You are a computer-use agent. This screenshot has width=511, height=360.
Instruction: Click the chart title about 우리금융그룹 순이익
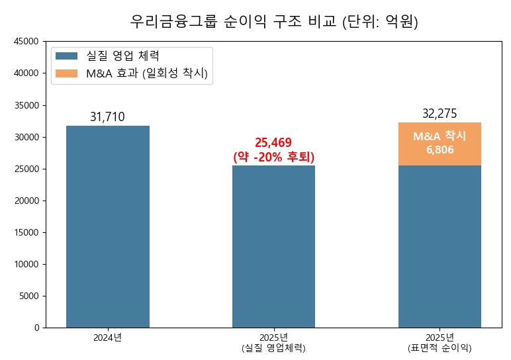click(274, 22)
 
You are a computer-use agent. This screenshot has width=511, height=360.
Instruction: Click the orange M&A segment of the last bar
click(440, 144)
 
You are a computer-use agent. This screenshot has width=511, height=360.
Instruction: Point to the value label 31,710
click(107, 117)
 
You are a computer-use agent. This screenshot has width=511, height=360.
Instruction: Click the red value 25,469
click(273, 143)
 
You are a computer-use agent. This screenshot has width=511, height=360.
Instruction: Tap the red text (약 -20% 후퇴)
click(273, 157)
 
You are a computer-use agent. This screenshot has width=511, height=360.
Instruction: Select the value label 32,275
click(440, 114)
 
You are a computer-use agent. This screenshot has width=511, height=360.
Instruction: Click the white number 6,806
click(440, 150)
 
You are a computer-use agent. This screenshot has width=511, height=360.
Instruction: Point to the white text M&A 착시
click(440, 136)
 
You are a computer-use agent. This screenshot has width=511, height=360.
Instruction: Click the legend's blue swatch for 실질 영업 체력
click(67, 56)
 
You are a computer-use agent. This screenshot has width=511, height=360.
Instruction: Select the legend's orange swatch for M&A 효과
click(67, 73)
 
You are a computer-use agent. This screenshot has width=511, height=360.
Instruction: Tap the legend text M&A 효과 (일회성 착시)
click(147, 73)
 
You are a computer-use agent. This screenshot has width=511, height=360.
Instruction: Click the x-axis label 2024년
click(107, 337)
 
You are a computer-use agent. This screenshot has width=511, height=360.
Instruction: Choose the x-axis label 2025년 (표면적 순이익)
click(440, 342)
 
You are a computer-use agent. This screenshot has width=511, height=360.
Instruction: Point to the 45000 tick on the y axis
click(26, 42)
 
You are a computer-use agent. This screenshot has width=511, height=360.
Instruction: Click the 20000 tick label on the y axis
click(26, 201)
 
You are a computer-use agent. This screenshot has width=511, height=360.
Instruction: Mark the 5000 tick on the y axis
click(29, 296)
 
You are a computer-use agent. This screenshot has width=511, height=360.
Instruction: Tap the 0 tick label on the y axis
click(37, 328)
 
